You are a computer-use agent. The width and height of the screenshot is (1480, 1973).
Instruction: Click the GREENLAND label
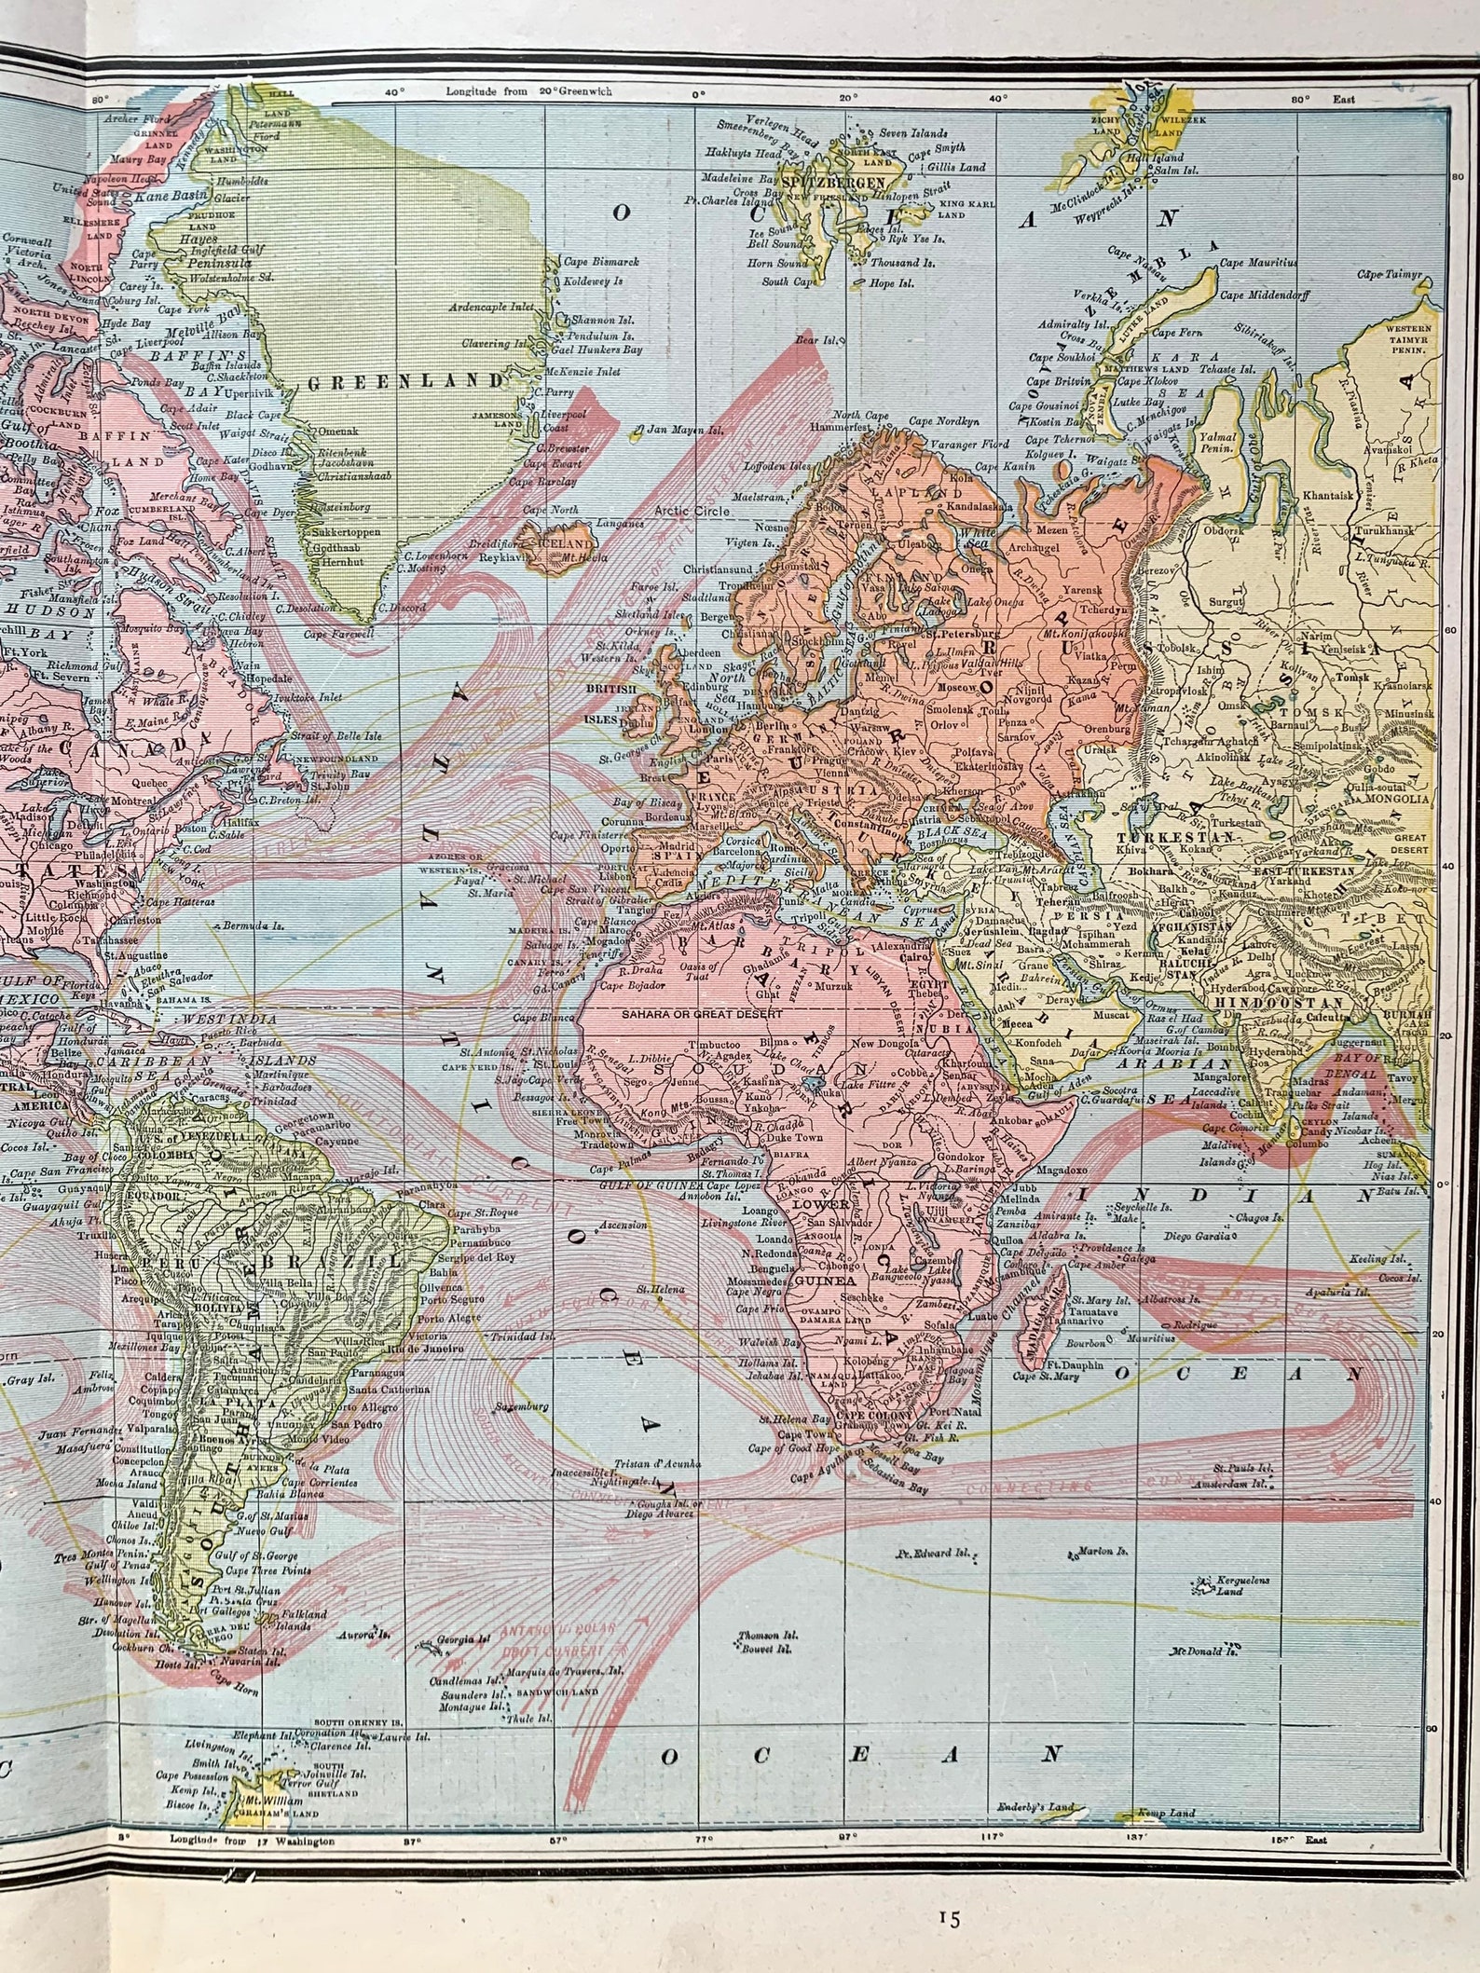(x=404, y=381)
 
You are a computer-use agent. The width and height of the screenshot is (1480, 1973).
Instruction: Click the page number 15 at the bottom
(x=951, y=1911)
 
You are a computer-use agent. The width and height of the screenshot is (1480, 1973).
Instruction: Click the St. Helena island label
(x=660, y=1289)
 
